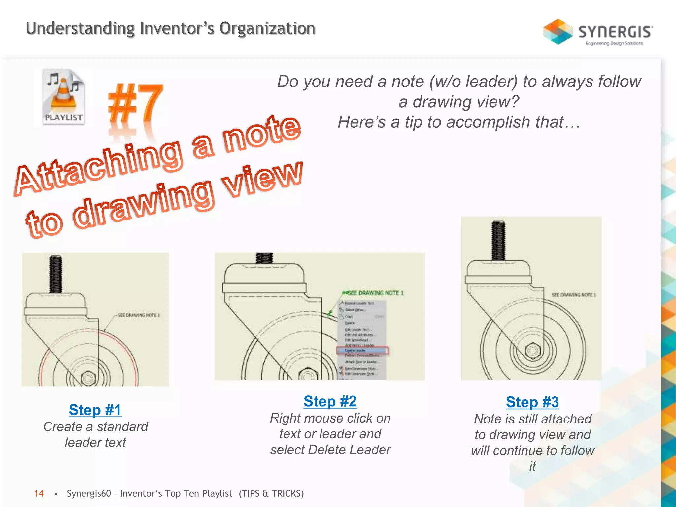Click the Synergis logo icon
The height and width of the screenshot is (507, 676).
[558, 32]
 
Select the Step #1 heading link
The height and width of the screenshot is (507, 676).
[95, 410]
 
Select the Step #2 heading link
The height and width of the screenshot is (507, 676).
[330, 401]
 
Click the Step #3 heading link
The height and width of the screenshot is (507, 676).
[532, 402]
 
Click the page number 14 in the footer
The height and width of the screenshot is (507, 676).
[39, 493]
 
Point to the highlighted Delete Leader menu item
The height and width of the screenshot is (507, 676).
[362, 350]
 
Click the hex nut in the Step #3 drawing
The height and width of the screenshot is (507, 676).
[532, 351]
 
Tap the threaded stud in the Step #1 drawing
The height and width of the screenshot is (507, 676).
[55, 274]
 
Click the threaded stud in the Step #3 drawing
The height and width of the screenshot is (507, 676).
[498, 241]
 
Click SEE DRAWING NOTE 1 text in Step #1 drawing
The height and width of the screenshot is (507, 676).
[139, 315]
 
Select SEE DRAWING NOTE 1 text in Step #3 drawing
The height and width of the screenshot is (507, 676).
[574, 295]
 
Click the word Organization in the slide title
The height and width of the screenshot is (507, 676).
[267, 28]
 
